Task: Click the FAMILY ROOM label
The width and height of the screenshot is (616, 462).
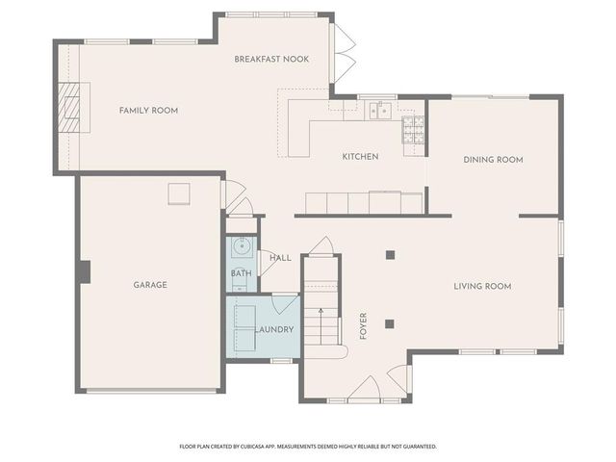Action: [148, 111]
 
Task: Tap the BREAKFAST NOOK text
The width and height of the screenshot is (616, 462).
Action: [271, 60]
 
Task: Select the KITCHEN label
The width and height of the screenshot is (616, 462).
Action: [360, 156]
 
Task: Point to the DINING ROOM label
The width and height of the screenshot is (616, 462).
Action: [493, 160]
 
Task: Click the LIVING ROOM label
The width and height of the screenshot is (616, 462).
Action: [482, 286]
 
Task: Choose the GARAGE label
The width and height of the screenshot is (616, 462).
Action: [149, 285]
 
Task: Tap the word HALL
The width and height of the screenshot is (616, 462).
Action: [280, 258]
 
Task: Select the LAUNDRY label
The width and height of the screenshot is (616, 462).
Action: [274, 330]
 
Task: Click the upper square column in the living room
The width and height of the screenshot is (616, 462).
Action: [390, 255]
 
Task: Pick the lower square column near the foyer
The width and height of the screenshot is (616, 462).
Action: [390, 323]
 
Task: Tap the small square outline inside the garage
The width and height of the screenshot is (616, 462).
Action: [179, 193]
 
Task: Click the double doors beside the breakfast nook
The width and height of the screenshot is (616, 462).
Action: [344, 52]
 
